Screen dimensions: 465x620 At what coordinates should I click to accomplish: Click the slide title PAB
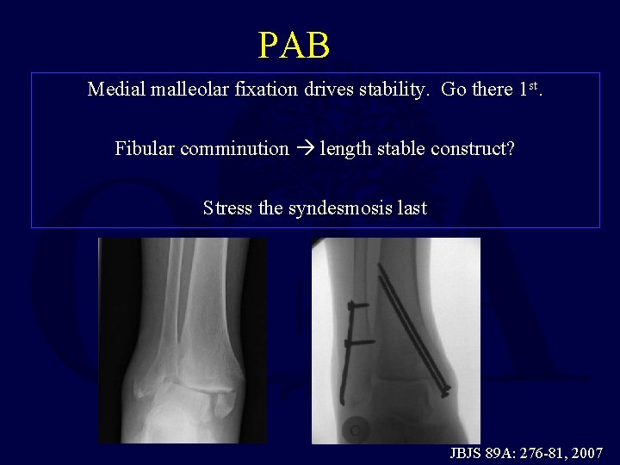294,46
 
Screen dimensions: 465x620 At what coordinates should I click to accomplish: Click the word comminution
234,148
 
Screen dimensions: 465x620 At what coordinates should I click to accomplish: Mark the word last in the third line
411,208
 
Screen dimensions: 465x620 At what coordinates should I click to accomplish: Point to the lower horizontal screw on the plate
361,343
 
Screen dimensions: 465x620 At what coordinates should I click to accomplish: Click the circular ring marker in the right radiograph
354,426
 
